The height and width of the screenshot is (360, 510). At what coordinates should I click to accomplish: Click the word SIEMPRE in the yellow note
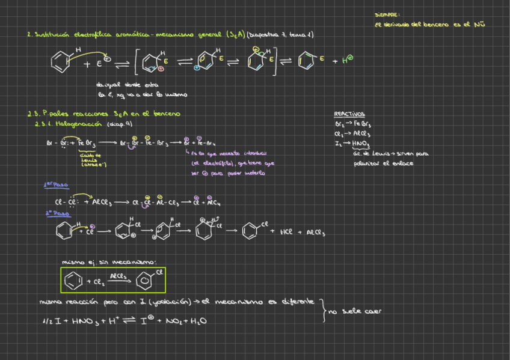(x=387, y=14)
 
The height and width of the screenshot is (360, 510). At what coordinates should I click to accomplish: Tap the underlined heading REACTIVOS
(x=349, y=114)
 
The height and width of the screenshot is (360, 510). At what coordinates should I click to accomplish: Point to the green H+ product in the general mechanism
(x=347, y=59)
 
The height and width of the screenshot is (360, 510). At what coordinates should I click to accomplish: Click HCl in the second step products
(x=286, y=231)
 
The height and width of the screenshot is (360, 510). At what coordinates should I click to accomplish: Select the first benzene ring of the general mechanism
(x=61, y=60)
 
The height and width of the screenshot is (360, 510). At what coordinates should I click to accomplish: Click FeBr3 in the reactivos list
(x=362, y=124)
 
